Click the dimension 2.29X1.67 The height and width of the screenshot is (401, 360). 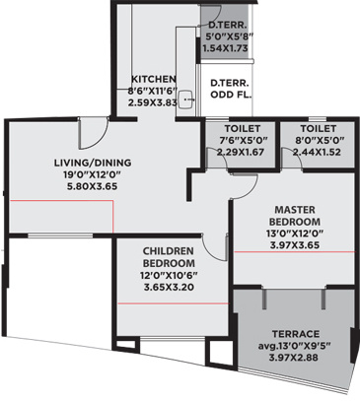pyautogui.click(x=240, y=152)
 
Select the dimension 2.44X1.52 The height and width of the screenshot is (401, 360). pyautogui.click(x=316, y=152)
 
